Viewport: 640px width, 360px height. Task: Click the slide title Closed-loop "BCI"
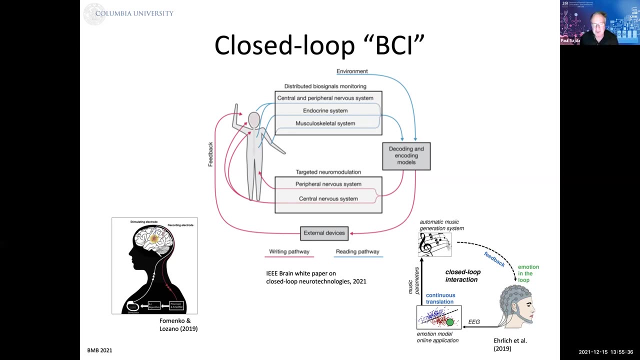click(319, 45)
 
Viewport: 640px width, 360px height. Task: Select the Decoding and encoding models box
click(406, 155)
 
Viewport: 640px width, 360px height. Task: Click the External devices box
click(324, 233)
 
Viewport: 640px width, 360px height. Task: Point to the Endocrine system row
click(325, 110)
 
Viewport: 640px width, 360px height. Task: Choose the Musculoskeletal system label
click(325, 123)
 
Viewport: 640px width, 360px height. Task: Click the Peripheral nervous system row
click(328, 184)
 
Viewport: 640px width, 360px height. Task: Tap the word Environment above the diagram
click(352, 71)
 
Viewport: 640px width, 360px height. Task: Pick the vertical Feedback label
click(210, 154)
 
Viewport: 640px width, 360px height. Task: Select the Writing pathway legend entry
click(289, 252)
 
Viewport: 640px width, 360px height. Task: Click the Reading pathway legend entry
click(357, 252)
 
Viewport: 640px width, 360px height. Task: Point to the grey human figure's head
click(254, 120)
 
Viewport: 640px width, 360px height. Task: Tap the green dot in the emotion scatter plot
click(450, 322)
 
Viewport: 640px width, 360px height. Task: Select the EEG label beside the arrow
click(473, 321)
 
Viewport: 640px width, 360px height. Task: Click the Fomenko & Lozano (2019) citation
click(178, 324)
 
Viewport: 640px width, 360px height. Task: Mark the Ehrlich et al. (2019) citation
click(510, 344)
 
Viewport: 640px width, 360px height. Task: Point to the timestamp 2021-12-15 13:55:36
click(605, 352)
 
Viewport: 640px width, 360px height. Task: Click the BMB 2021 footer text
click(99, 350)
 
